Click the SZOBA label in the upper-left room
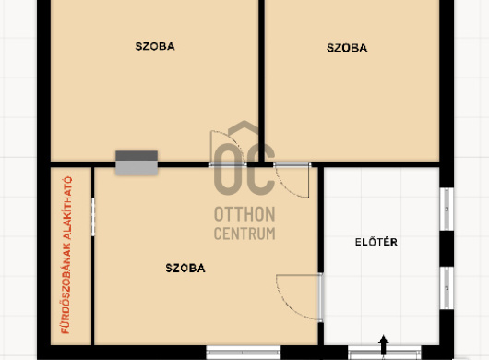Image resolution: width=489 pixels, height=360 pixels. (x=155, y=46)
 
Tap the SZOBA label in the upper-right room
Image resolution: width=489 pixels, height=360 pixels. (x=347, y=48)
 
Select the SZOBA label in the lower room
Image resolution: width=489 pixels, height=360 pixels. (x=185, y=268)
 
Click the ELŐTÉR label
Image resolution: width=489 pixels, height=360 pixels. (x=376, y=242)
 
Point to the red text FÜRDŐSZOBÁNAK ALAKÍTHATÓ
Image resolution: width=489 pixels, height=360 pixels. (x=66, y=255)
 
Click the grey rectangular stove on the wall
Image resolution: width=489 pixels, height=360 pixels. (x=137, y=162)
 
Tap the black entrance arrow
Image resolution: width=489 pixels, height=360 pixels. (x=383, y=344)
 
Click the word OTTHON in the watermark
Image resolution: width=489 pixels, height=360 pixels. (x=244, y=214)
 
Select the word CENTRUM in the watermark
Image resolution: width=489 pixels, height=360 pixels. (x=244, y=234)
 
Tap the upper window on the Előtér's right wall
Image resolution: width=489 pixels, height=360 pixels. (x=447, y=209)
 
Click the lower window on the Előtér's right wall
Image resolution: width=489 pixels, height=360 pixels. (x=447, y=288)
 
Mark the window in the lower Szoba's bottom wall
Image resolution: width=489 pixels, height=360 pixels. (x=244, y=353)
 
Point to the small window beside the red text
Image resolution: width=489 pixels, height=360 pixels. (x=93, y=217)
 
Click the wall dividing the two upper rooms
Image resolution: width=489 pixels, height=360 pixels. (x=262, y=80)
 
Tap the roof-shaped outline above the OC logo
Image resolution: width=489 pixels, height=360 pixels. (x=244, y=129)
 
